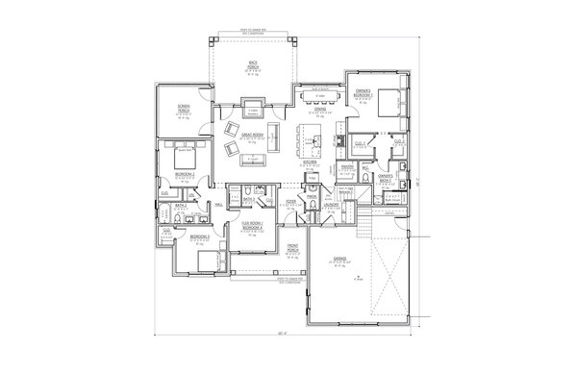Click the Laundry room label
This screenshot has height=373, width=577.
coord(334,205)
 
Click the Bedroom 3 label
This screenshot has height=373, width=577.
coord(198,236)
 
